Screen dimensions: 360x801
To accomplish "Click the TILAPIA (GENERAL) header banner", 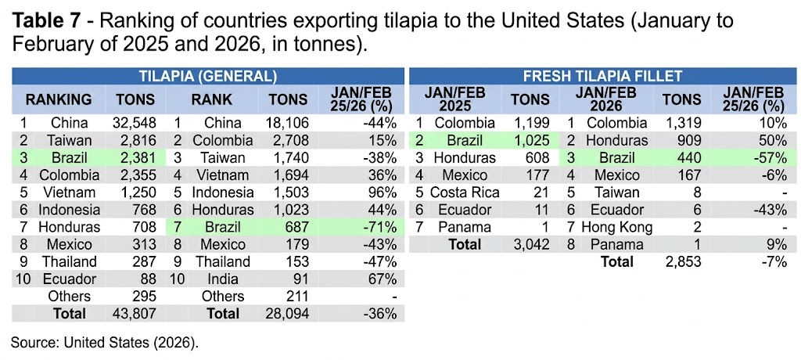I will pos(207,76).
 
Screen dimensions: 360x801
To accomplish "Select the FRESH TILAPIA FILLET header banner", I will pos(602,76).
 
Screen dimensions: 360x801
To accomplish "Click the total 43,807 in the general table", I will pos(135,314).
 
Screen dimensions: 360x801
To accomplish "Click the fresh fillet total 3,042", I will pos(530,245).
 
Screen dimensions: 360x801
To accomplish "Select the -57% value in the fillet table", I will pos(769,157).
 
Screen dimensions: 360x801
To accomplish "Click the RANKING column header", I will pos(59,99).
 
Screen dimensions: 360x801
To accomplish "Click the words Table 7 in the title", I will pos(48,21).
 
